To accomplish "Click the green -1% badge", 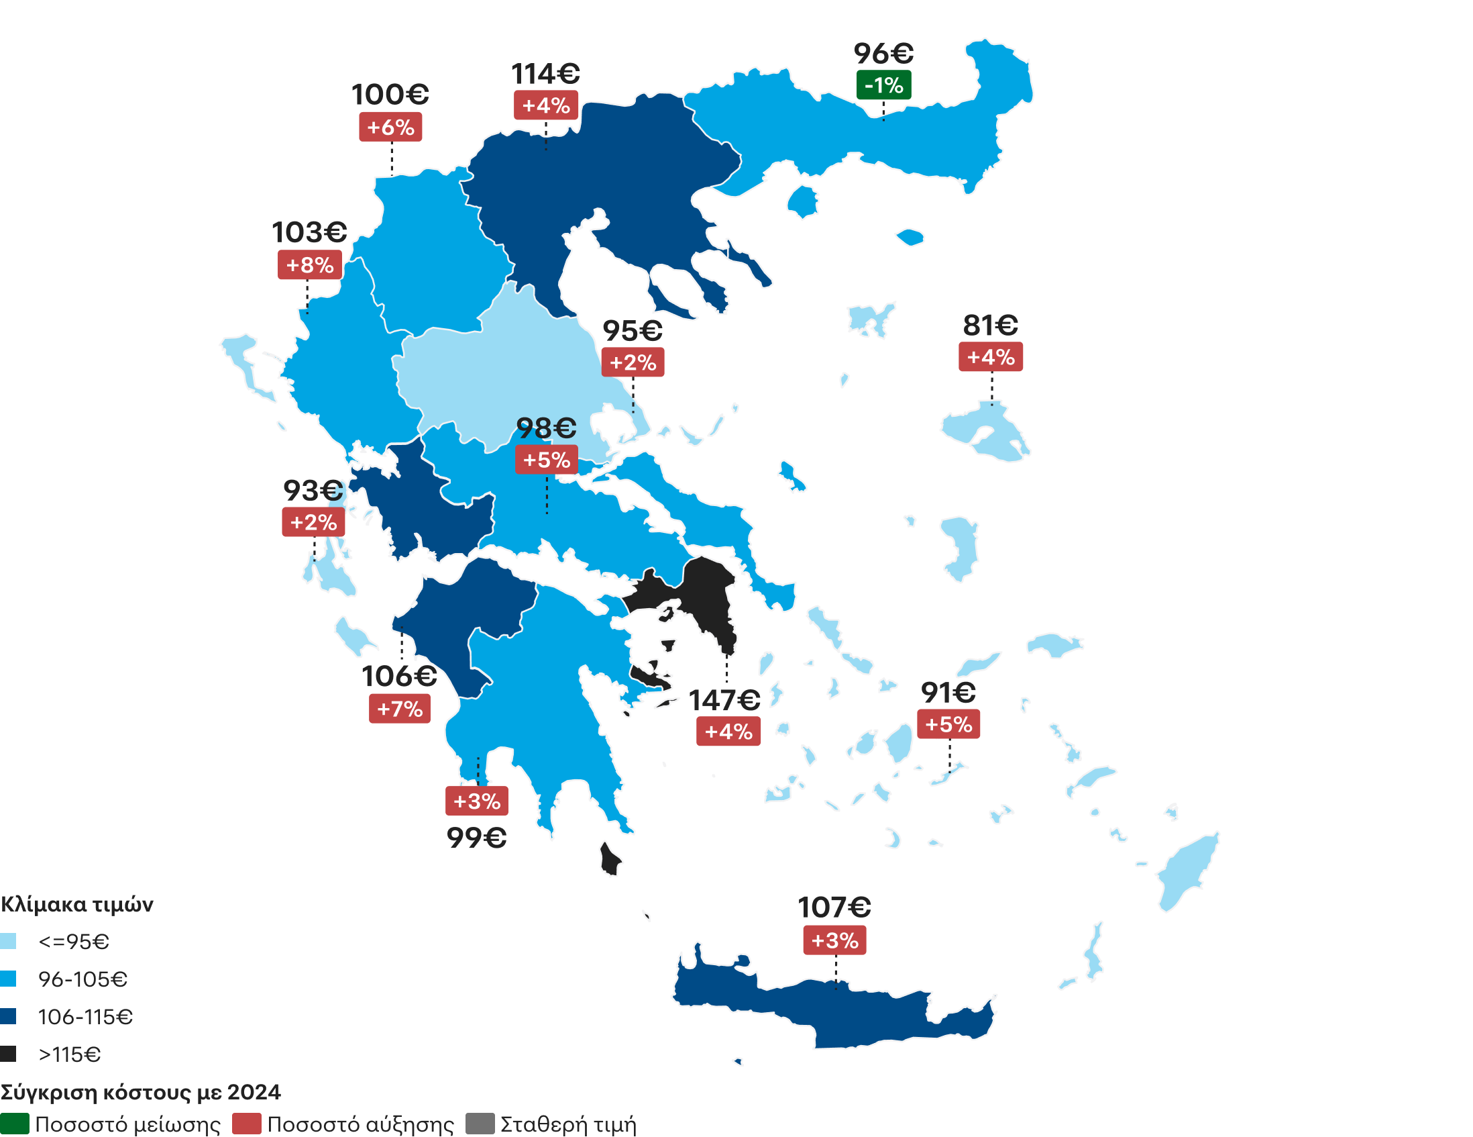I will [x=883, y=86].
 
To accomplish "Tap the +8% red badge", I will [x=310, y=265].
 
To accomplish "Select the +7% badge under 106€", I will [x=399, y=709].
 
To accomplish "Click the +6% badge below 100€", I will [x=390, y=128].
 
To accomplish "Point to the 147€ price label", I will [x=724, y=701].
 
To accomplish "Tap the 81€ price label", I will [x=990, y=326].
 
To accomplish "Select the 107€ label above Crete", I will [x=834, y=907].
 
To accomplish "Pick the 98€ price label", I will [x=546, y=428].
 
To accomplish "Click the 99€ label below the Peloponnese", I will [x=476, y=838].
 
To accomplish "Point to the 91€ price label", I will [x=948, y=692].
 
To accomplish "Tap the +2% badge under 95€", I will [x=633, y=363].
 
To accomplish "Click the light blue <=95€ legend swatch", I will [x=8, y=941].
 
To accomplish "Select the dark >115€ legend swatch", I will [x=8, y=1054].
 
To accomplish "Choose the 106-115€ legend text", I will [x=85, y=1017].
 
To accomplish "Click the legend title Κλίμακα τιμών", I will [x=77, y=904].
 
